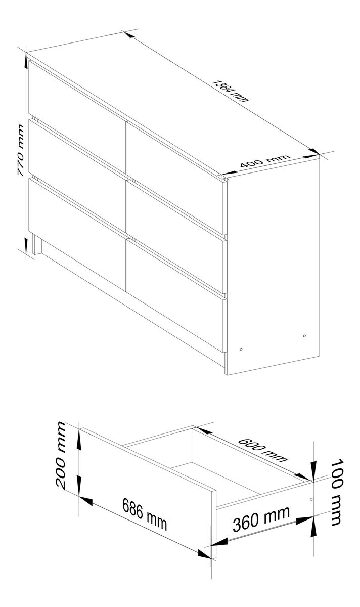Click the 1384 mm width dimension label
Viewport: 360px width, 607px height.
click(x=230, y=91)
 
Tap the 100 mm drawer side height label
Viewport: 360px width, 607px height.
click(x=337, y=492)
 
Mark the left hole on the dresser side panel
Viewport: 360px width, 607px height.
click(x=241, y=349)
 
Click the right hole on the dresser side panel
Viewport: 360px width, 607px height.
click(x=305, y=336)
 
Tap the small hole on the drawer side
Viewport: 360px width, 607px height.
click(x=311, y=499)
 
